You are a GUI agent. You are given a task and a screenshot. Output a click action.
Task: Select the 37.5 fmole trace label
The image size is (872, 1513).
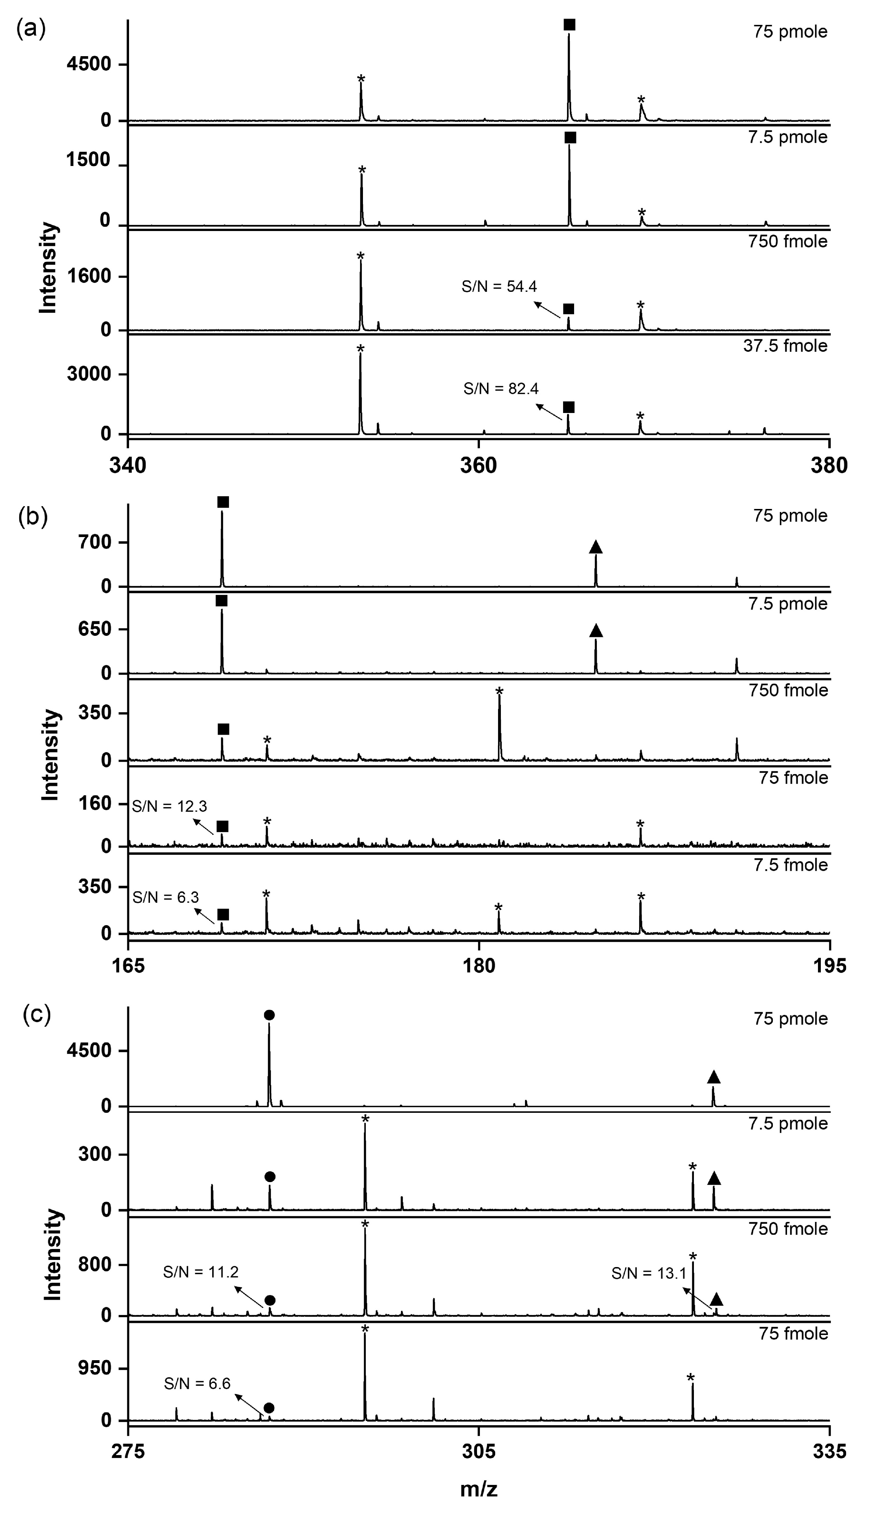point(785,345)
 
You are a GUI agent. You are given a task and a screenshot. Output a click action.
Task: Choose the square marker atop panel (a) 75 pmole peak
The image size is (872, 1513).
point(569,25)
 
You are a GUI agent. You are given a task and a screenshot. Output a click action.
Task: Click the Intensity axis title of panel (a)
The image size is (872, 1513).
point(48,268)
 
